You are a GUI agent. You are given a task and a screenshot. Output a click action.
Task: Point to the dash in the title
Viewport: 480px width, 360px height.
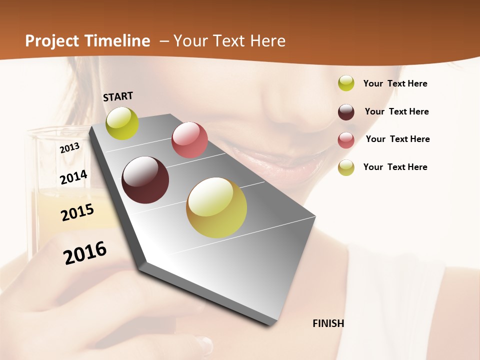click(x=163, y=41)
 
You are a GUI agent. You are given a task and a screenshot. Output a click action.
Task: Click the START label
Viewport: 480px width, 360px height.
click(x=118, y=96)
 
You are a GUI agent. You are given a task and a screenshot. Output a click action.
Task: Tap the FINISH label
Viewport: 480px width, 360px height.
click(x=328, y=323)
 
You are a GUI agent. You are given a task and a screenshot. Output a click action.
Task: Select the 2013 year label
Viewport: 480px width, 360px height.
click(x=70, y=148)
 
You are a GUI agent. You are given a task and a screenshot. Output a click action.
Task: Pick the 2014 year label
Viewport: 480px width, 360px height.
click(x=74, y=177)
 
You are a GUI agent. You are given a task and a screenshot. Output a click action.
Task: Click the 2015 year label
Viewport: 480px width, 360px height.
click(x=77, y=212)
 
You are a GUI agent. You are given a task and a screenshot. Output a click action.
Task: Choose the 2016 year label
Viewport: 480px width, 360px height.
click(x=85, y=252)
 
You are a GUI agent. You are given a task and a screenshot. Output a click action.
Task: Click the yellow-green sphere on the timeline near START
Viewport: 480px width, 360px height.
click(x=122, y=123)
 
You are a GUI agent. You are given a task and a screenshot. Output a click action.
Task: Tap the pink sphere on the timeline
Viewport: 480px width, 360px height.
click(x=189, y=140)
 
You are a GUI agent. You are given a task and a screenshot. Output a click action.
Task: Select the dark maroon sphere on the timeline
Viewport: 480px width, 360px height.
click(x=145, y=180)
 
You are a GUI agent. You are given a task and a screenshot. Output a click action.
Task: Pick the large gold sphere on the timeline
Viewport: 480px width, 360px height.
click(x=216, y=207)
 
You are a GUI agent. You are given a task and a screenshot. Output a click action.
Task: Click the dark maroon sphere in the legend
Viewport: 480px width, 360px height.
click(x=346, y=112)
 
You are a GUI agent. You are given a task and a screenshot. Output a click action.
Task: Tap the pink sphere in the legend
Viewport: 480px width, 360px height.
click(x=346, y=140)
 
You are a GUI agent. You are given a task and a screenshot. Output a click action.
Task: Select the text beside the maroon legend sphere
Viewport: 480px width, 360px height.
click(x=396, y=111)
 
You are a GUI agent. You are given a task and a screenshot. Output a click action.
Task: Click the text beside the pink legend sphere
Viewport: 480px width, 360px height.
click(x=397, y=139)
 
